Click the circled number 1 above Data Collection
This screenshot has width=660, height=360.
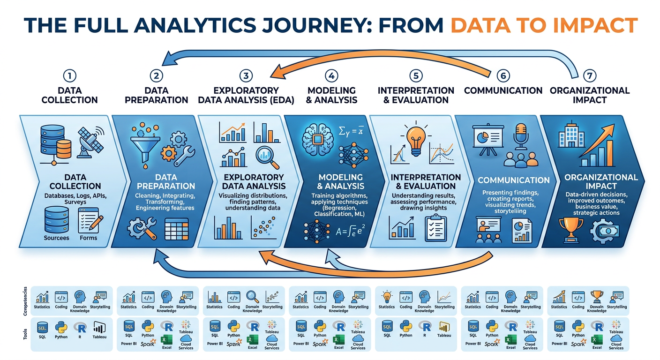pos(69,75)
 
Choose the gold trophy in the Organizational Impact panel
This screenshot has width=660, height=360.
pos(568,229)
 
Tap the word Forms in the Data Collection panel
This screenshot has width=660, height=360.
pos(88,238)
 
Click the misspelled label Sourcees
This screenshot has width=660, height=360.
pos(56,238)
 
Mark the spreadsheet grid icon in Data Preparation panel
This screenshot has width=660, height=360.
pos(176,229)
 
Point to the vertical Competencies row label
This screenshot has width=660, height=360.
pos(25,300)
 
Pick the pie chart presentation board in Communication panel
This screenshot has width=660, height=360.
pos(487,137)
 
